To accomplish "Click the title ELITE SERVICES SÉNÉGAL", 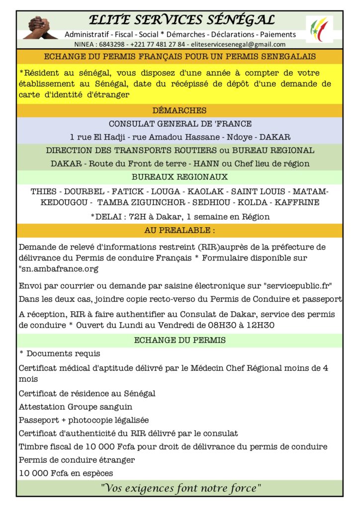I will [181, 20].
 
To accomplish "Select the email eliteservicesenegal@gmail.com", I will [246, 44].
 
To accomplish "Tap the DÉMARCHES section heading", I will [180, 110].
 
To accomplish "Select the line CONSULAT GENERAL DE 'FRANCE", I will [180, 124].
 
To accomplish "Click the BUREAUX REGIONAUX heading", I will [180, 176].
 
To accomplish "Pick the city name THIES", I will [43, 191].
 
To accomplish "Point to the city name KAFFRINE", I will [300, 202].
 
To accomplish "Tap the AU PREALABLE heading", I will [180, 230].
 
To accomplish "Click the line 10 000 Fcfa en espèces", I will [66, 473].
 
